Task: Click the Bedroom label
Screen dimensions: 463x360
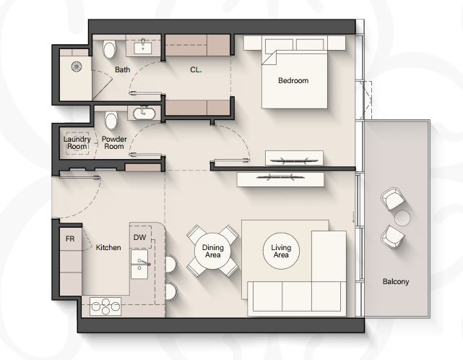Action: (293, 80)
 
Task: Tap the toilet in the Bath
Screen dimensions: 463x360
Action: (109, 49)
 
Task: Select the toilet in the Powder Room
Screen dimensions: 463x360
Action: (111, 121)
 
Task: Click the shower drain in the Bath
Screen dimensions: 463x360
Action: (76, 67)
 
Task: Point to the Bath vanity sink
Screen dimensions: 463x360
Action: (143, 48)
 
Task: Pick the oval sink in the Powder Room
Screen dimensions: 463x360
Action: (144, 113)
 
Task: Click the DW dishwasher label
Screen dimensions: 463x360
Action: (139, 237)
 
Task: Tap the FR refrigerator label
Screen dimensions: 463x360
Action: (70, 239)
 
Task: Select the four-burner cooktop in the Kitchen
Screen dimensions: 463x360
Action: (105, 307)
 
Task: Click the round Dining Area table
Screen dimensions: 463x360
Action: (212, 251)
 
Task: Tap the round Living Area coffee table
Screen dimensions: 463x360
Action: (281, 251)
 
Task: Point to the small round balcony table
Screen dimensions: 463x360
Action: (402, 218)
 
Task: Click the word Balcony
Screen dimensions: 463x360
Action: (396, 281)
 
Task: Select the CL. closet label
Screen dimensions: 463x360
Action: (196, 69)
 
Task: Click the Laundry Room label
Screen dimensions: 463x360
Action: (77, 142)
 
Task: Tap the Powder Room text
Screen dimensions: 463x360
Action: (114, 142)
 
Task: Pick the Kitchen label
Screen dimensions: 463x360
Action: (108, 247)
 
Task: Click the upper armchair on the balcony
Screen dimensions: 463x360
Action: (392, 199)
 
